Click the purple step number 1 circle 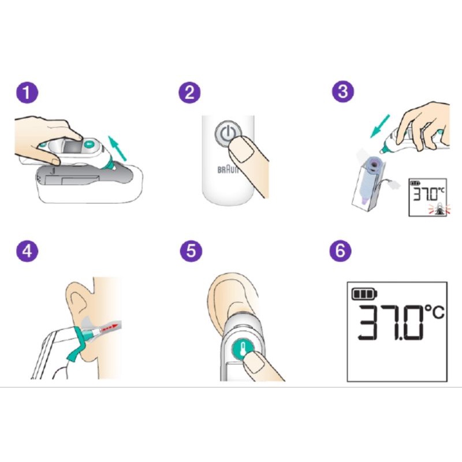point(27,92)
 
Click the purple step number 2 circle point(189,92)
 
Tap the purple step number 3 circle point(343,91)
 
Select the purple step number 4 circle point(27,251)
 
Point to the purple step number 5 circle point(191,251)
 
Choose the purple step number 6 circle point(340,251)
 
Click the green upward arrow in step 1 point(117,148)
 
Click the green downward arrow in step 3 point(380,126)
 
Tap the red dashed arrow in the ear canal point(109,327)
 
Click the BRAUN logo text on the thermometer point(228,170)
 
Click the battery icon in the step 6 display point(364,294)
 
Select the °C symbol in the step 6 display point(435,312)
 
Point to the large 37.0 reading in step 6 point(392,323)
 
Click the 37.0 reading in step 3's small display point(424,193)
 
